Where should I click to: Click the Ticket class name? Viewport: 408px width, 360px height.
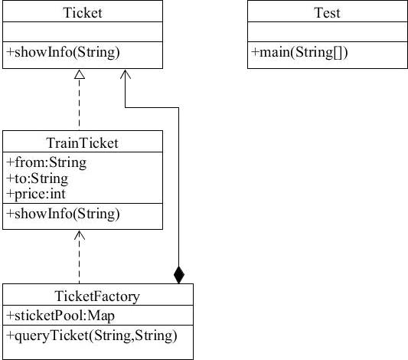[83, 13]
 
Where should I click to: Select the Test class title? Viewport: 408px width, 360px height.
[328, 13]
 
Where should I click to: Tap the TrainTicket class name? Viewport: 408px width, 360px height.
[83, 143]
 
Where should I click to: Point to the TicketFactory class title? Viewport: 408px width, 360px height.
[97, 296]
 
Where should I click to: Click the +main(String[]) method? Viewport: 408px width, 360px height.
[299, 52]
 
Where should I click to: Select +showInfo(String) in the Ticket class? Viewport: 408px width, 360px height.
[63, 52]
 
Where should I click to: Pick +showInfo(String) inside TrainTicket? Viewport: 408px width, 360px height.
[63, 214]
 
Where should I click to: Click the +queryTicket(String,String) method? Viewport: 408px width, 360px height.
[92, 335]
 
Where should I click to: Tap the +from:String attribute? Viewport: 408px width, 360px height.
[47, 162]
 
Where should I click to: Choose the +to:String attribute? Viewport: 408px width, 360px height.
[38, 178]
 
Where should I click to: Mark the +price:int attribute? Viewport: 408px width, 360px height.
[36, 195]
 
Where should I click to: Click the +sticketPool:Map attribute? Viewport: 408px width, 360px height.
[60, 316]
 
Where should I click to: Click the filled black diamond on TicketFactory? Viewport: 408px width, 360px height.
[179, 275]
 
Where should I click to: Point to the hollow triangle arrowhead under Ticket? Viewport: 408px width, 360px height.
[80, 74]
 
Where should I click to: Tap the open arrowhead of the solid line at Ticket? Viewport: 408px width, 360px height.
[126, 74]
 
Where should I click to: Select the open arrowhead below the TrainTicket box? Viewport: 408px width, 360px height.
[80, 234]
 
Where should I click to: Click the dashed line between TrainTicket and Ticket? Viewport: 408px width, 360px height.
[80, 104]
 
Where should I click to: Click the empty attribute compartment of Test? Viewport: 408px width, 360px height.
[328, 31]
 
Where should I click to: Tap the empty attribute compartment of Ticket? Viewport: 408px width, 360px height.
[83, 31]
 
